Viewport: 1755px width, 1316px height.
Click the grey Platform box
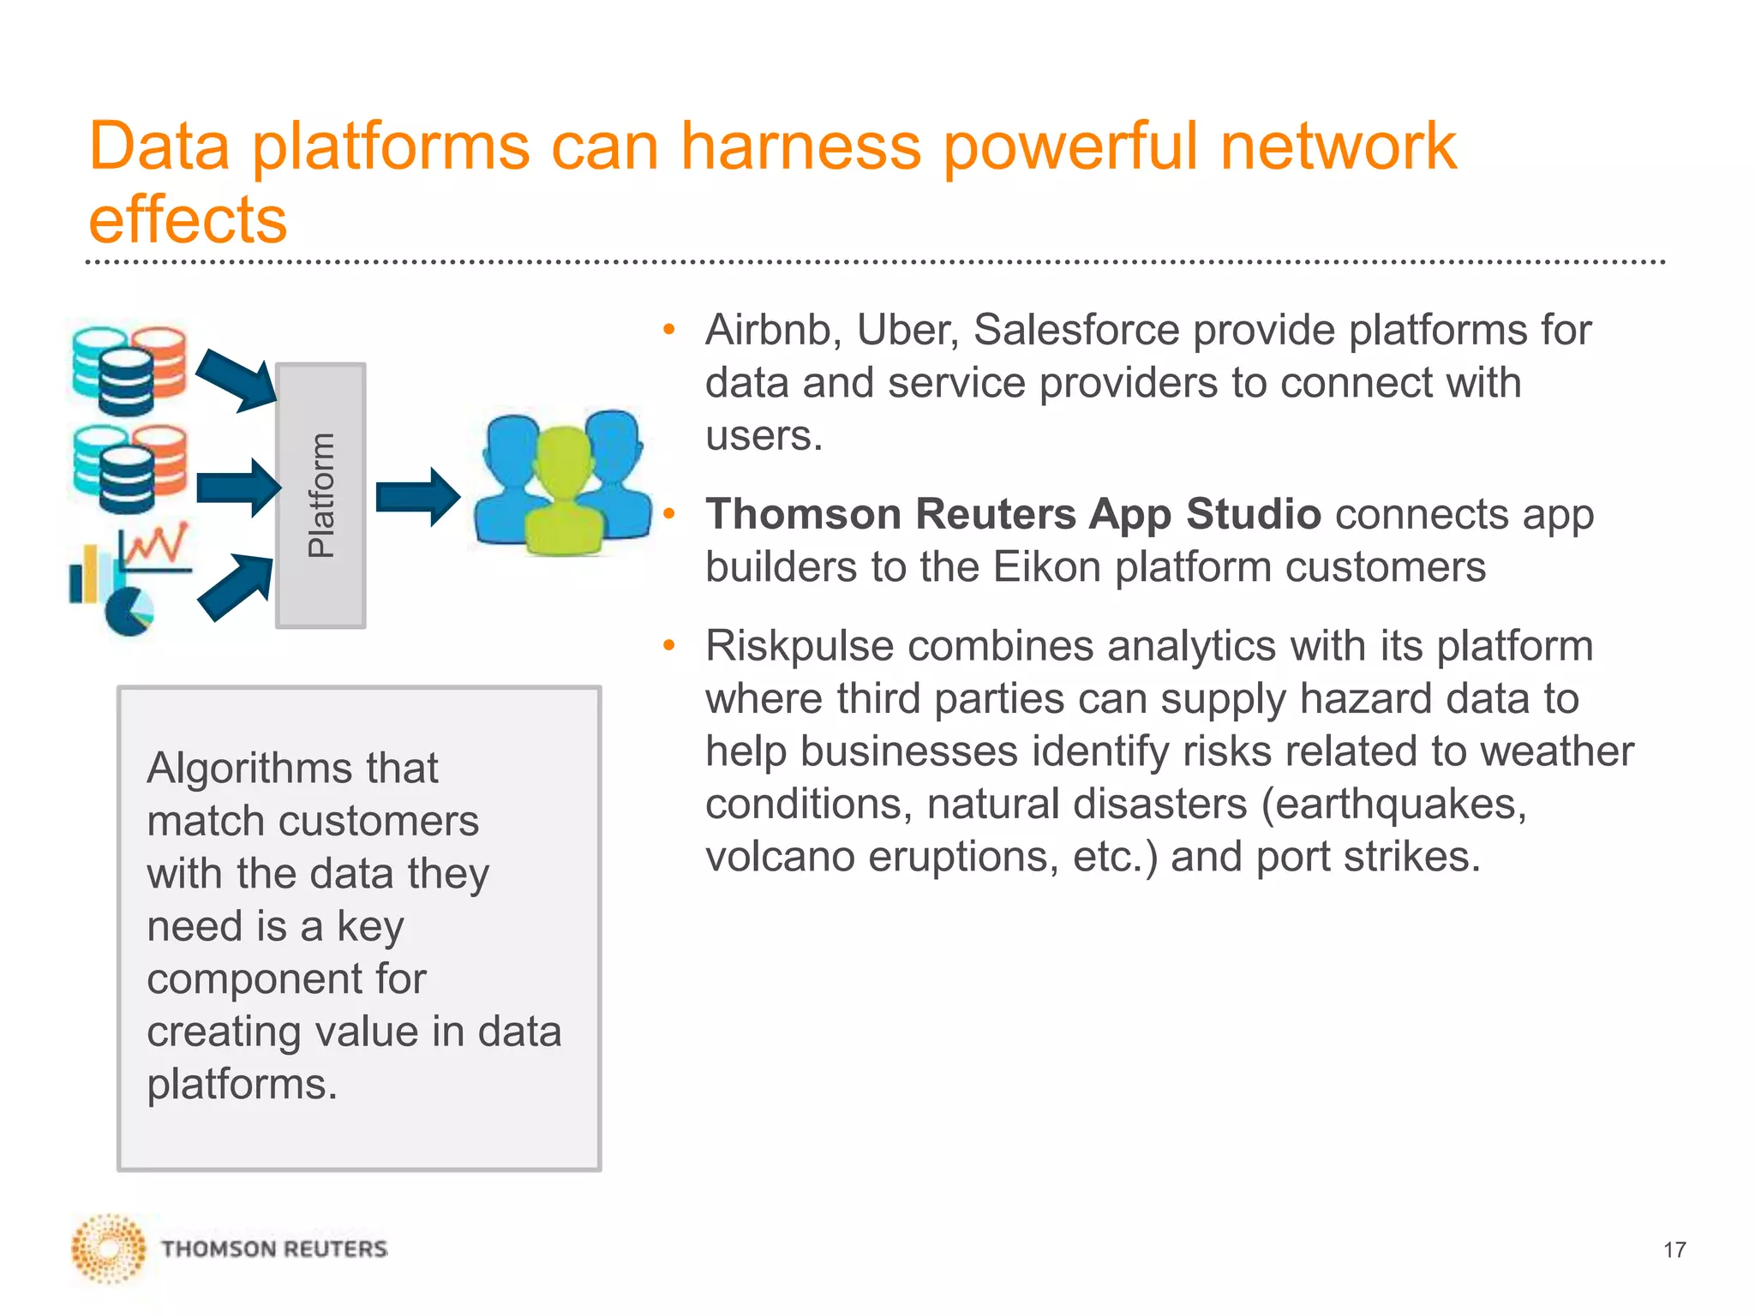(320, 495)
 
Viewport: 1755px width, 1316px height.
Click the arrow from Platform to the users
(417, 497)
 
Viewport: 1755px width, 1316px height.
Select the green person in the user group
(564, 497)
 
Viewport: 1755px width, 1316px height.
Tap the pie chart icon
(129, 612)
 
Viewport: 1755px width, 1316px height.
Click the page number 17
(1674, 1250)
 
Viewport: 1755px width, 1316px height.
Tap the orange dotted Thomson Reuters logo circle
(108, 1249)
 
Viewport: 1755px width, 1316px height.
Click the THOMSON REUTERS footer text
(274, 1249)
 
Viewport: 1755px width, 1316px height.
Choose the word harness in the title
(800, 146)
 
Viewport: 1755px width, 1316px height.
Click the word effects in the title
(188, 219)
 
